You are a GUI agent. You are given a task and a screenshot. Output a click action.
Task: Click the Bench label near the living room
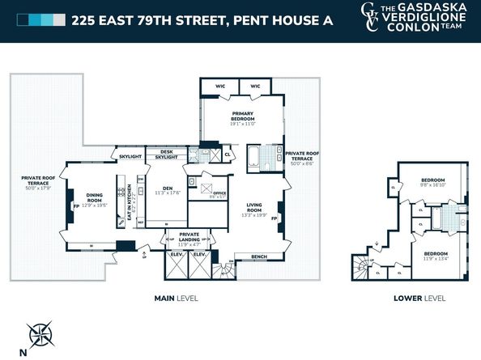pos(259,256)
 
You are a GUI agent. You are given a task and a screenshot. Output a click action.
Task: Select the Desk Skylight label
pos(166,154)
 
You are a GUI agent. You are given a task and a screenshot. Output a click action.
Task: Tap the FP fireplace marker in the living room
pos(275,218)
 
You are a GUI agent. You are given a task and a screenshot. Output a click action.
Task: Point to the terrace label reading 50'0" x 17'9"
pos(37,184)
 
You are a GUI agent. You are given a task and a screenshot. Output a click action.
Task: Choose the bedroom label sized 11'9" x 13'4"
pos(436,256)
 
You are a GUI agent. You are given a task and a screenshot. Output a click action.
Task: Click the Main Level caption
pos(176,299)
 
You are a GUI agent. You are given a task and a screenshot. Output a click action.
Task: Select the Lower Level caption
pos(419,299)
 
